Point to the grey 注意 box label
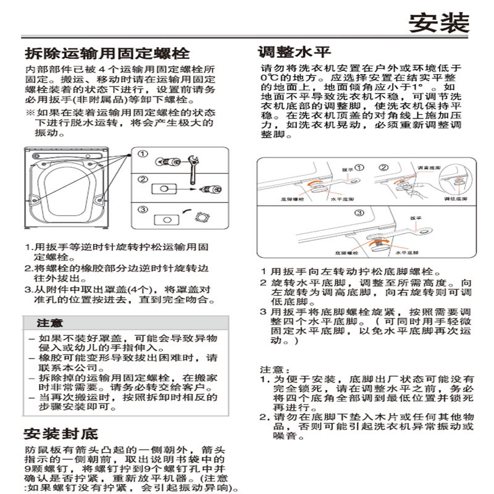click(x=49, y=323)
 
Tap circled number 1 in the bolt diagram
click(x=143, y=154)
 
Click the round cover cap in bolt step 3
click(x=203, y=217)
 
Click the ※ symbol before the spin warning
click(x=29, y=114)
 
